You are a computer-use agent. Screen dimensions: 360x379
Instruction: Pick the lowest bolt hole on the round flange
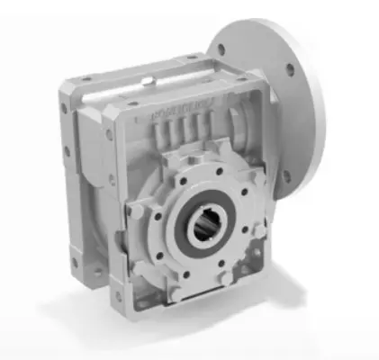(286, 176)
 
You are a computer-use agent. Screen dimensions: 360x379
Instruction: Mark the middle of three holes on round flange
(289, 69)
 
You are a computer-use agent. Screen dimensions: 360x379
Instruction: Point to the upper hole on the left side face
(64, 108)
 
